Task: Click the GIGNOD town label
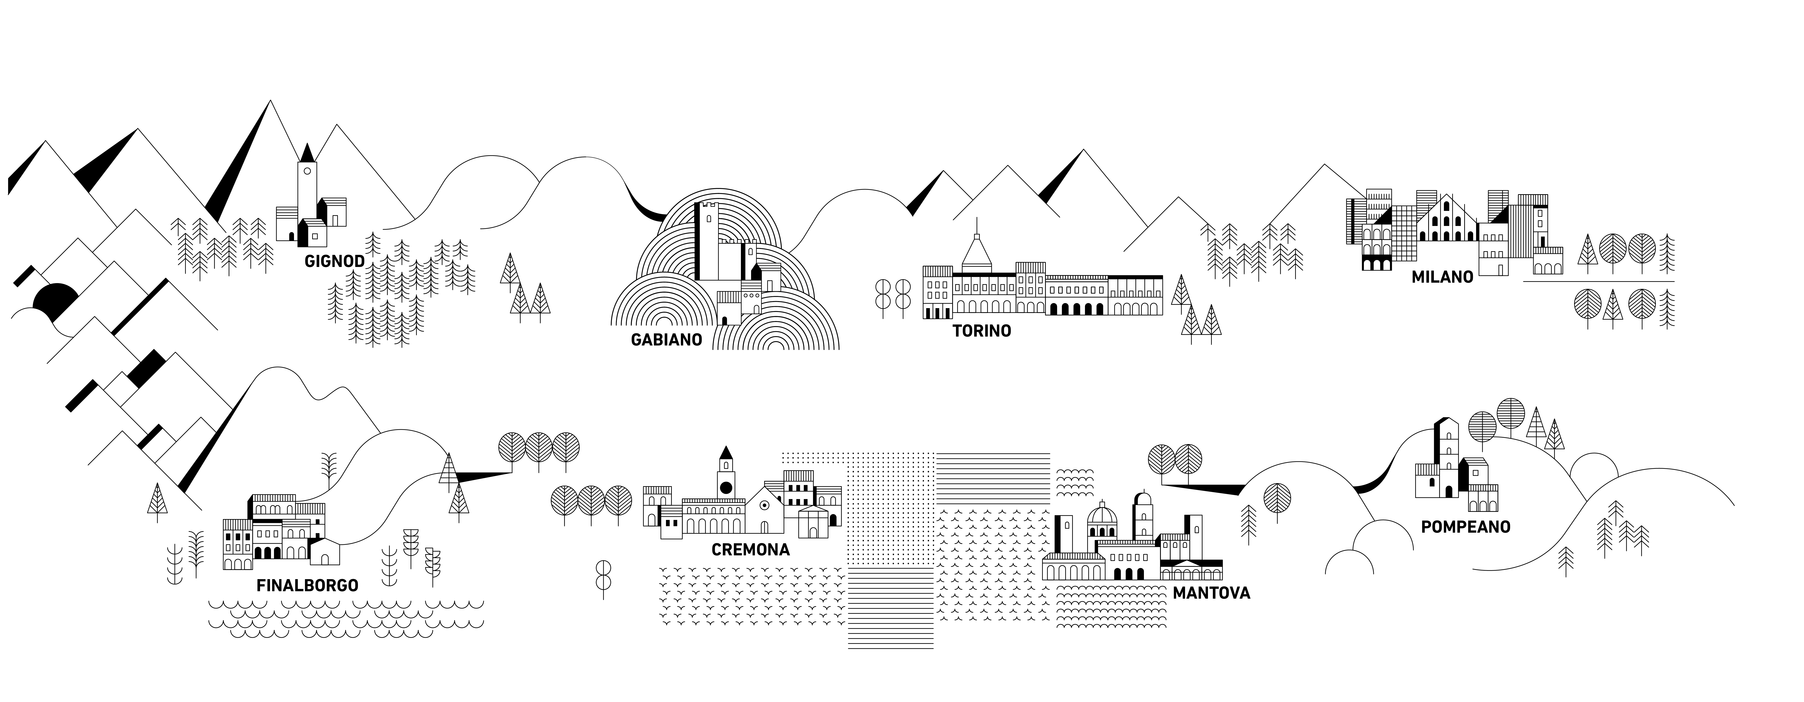[334, 261]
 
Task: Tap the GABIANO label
[666, 340]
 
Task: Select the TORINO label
[981, 331]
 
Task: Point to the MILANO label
[1442, 277]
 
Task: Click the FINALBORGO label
[307, 585]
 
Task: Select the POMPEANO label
[1465, 526]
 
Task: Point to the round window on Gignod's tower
[307, 171]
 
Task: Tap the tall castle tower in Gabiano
[707, 238]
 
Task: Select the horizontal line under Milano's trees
[1598, 282]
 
